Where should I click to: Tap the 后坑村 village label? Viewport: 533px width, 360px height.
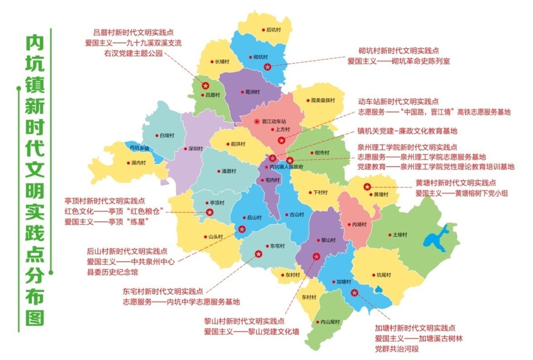click(x=273, y=30)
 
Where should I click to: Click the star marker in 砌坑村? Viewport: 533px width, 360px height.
click(x=267, y=67)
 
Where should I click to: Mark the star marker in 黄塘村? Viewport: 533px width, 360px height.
click(x=367, y=187)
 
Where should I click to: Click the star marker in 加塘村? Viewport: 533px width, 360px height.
click(x=354, y=292)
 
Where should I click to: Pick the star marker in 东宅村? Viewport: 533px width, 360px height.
click(x=259, y=254)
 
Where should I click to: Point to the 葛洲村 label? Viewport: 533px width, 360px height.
click(x=250, y=92)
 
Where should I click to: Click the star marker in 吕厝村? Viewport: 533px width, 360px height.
click(x=205, y=86)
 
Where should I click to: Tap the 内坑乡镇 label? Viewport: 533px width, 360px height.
click(x=139, y=148)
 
